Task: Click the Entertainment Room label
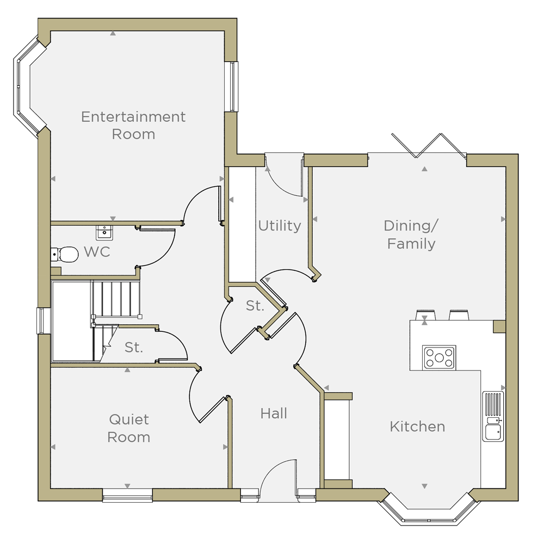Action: (x=133, y=125)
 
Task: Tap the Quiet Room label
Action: (x=129, y=428)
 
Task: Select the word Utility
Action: (x=280, y=226)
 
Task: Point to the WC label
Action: (x=97, y=252)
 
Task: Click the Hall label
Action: (x=274, y=413)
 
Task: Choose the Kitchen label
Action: (x=417, y=426)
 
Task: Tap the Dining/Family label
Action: (x=411, y=234)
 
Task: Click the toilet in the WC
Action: (x=65, y=255)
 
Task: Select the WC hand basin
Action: (x=104, y=232)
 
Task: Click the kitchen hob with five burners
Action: (x=439, y=357)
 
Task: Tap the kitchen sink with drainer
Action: (x=493, y=416)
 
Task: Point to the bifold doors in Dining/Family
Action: (x=429, y=146)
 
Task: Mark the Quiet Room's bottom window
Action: (x=127, y=495)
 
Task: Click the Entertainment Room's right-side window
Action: (x=231, y=86)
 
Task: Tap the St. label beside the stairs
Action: (x=134, y=347)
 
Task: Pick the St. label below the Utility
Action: (x=255, y=306)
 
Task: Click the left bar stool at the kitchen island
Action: (x=425, y=314)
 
